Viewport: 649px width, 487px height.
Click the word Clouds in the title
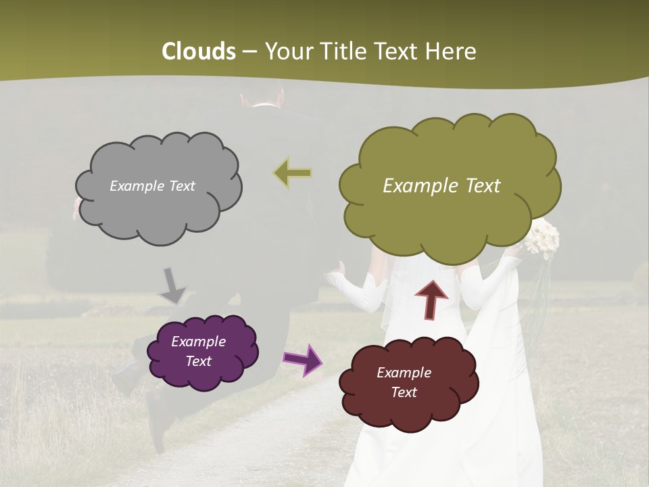click(199, 51)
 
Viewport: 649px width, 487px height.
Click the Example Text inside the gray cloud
click(152, 186)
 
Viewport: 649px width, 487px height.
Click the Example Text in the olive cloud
click(441, 186)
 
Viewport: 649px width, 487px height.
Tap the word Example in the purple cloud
click(198, 342)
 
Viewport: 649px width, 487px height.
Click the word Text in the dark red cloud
click(404, 392)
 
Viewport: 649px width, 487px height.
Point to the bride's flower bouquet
click(543, 238)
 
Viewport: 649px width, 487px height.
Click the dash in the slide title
click(249, 52)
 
